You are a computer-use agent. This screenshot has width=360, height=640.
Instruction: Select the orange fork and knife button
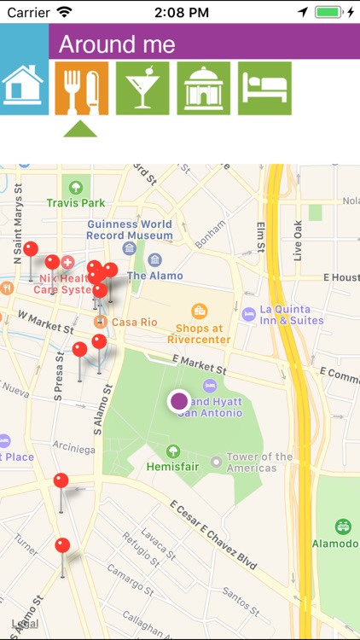81,88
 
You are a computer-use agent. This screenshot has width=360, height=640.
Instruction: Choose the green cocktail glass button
142,88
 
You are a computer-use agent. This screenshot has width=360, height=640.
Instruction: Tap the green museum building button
203,88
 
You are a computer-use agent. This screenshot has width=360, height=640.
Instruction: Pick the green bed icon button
264,88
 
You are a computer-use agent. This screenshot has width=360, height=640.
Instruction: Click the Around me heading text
117,45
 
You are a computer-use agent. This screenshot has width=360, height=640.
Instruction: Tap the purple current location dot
178,400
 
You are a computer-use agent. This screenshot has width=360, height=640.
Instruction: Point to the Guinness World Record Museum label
130,230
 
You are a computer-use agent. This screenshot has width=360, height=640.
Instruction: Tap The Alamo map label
154,276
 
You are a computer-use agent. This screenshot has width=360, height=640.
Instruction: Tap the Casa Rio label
135,322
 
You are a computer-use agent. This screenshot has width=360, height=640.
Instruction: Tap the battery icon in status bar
328,12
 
